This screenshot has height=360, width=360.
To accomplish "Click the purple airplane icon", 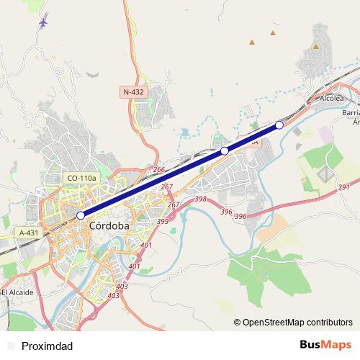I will [43, 22].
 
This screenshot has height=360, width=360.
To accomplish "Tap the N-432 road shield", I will [133, 92].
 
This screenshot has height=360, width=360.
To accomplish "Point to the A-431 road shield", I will [29, 233].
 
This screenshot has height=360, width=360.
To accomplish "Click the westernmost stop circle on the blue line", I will [81, 215].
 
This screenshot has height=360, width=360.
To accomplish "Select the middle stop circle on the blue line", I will [225, 150].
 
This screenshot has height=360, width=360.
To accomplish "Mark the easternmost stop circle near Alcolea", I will [279, 125].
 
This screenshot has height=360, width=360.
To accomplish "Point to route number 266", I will [159, 170].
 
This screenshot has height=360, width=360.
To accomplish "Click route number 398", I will [201, 199].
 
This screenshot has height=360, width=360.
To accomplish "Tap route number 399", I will [163, 221].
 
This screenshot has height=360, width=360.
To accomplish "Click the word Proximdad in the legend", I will [48, 346].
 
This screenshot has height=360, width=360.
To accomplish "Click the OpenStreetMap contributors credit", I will [297, 322].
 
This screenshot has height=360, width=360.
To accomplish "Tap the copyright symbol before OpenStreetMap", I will [238, 322].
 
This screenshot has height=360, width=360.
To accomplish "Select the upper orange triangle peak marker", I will [273, 32].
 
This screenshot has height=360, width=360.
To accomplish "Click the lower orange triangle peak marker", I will [251, 42].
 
